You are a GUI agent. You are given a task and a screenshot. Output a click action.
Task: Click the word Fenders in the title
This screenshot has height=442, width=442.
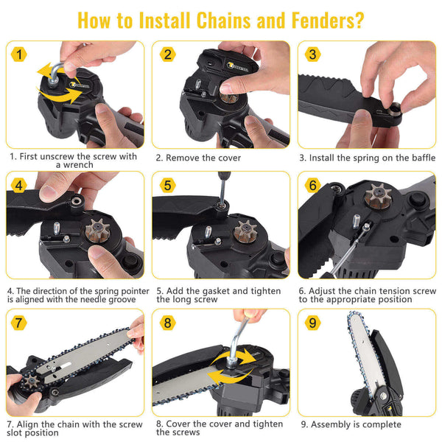[x=320, y=19]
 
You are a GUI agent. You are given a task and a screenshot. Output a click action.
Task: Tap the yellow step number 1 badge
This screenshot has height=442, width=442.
[x=18, y=54]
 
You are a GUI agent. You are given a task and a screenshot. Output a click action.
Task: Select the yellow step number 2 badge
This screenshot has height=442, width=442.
[x=167, y=54]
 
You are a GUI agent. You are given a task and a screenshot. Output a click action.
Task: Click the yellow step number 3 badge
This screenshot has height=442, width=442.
[x=312, y=54]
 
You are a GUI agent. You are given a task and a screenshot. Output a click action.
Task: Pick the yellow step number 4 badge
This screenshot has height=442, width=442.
[x=18, y=185]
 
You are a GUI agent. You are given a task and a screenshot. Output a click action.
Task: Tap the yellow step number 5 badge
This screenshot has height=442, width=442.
[x=167, y=185]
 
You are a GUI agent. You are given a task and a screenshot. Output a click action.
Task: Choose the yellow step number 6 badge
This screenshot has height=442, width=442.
[x=312, y=185]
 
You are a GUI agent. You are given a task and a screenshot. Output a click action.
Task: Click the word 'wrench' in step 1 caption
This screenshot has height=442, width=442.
[x=76, y=166]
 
